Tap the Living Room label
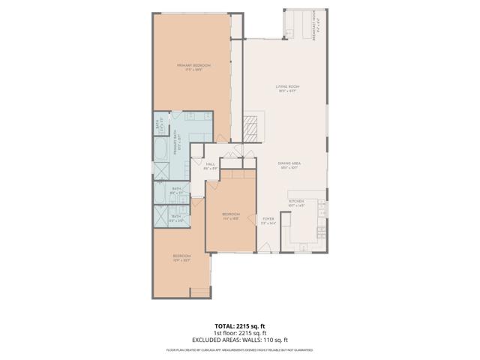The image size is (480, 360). [x=287, y=89]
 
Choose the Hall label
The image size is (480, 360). [x=211, y=166]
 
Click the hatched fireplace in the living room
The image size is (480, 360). [x=253, y=127]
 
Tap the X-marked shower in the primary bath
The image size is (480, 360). [x=161, y=172]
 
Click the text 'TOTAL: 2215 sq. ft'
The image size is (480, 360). [x=239, y=326]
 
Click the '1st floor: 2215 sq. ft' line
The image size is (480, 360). [x=239, y=333]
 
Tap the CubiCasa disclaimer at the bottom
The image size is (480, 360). [x=239, y=350]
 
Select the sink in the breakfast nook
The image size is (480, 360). [x=288, y=31]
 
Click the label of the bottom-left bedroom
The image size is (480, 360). [x=181, y=259]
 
